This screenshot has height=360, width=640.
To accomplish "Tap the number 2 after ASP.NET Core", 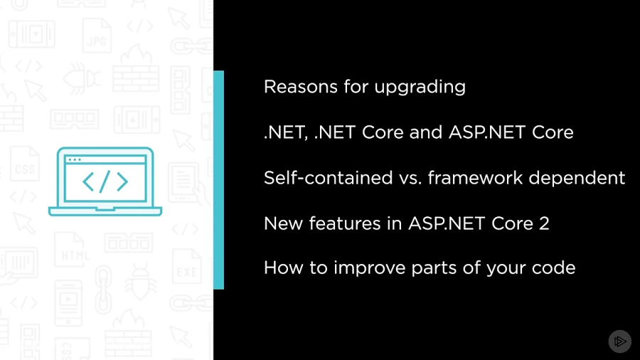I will pyautogui.click(x=544, y=223).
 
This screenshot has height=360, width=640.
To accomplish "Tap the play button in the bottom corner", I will pyautogui.click(x=619, y=341).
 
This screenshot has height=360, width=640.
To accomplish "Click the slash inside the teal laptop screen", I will pyautogui.click(x=105, y=182).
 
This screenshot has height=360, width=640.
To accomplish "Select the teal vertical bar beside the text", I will pyautogui.click(x=218, y=179).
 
